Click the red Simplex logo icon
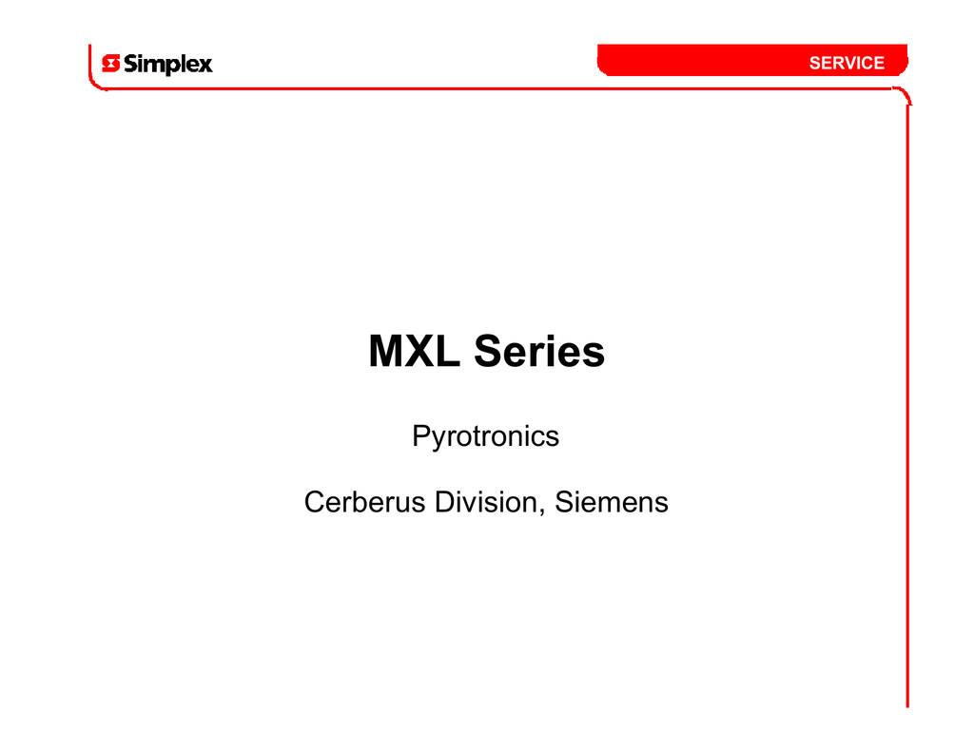pos(110,64)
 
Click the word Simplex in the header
pos(167,65)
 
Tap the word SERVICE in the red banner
pos(847,63)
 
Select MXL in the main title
pos(415,351)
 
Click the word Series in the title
pos(539,351)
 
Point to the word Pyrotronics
pos(485,436)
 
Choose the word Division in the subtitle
pos(486,502)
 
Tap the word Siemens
pos(612,502)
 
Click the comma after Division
pos(541,511)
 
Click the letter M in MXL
pos(385,351)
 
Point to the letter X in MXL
pos(419,351)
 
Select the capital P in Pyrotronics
pos(421,435)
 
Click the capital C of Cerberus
pos(315,502)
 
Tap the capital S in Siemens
pos(564,502)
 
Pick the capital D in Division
pos(445,502)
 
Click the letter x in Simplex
pos(205,66)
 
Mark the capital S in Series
pos(489,351)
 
